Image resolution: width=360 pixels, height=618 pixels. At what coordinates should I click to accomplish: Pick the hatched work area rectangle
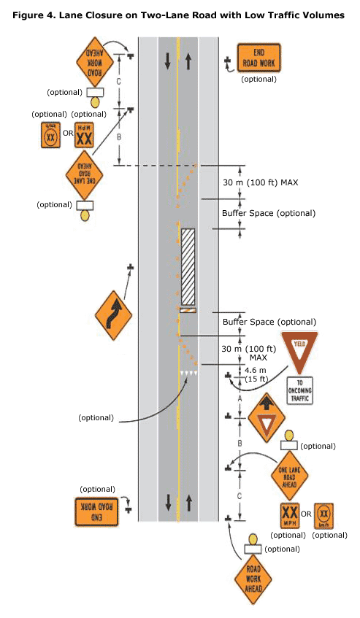click(x=188, y=267)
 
